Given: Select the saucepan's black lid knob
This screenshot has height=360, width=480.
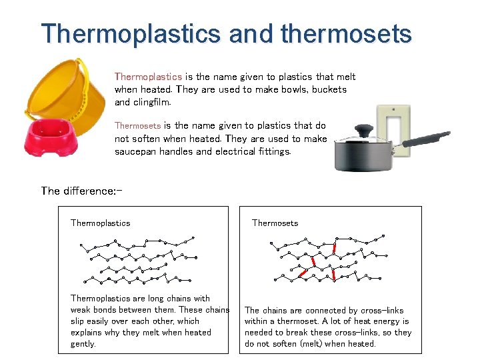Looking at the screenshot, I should pos(363,130).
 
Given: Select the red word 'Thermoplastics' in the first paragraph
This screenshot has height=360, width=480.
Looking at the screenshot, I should pos(148,77).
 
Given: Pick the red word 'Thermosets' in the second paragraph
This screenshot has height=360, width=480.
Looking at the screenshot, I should pos(137,125).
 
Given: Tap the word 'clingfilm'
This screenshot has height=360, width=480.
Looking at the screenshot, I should pos(151,103).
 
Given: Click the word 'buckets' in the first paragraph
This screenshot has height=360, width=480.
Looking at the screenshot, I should pos(329,90).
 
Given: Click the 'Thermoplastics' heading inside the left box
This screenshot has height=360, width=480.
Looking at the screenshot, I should pos(100,223).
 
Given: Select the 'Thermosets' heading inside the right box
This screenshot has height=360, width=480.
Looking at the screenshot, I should pos(275,223).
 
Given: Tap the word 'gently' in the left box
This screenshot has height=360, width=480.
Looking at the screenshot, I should pos(83,344).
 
